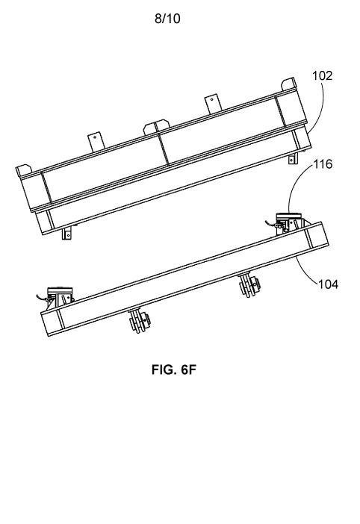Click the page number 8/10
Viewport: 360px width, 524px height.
[x=167, y=19]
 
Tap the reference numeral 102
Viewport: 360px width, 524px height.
[x=322, y=76]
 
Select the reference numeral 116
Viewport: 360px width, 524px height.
[x=323, y=164]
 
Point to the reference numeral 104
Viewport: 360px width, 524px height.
[x=328, y=284]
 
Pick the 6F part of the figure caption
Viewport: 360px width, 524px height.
[x=188, y=369]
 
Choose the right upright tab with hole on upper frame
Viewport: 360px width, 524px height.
[x=213, y=104]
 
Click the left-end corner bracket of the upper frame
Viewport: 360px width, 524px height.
[x=24, y=171]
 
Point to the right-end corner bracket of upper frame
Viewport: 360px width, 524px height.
[x=289, y=84]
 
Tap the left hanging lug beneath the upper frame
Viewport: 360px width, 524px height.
[x=67, y=233]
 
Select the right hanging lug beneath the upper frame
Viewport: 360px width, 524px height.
[x=293, y=158]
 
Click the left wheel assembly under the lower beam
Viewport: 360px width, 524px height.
[x=140, y=321]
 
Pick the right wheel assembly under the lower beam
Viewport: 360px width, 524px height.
[x=249, y=284]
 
